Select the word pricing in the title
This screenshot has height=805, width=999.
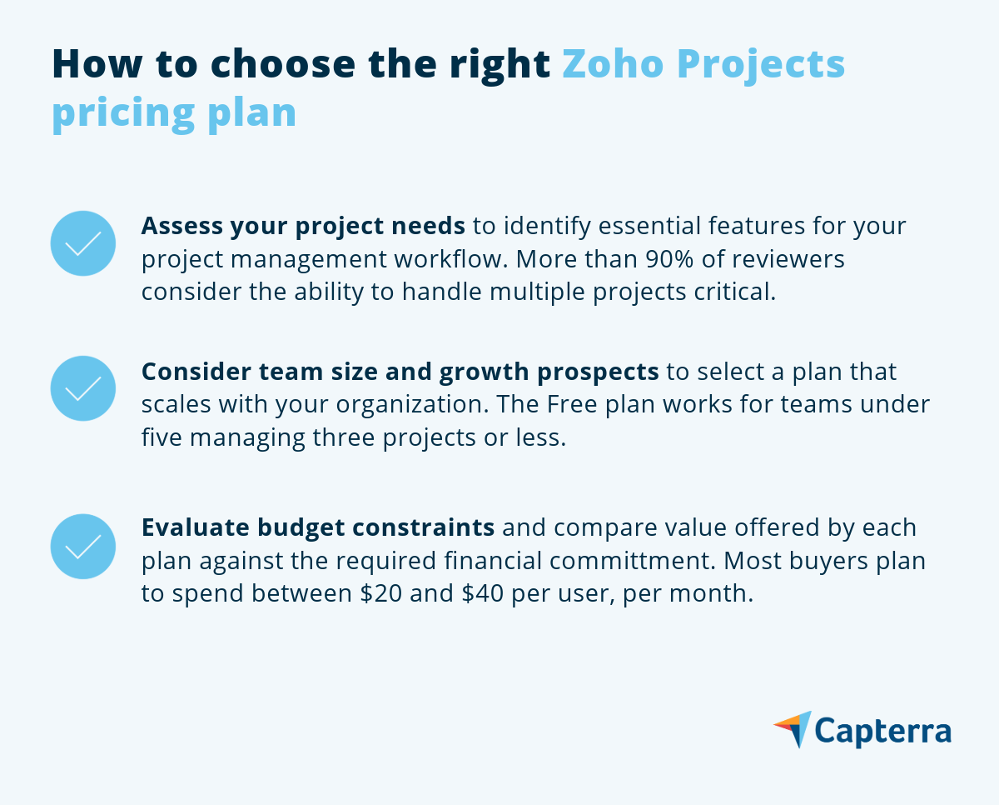(x=123, y=114)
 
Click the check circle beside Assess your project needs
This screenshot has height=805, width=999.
(x=83, y=243)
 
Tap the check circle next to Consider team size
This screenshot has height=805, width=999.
(x=83, y=388)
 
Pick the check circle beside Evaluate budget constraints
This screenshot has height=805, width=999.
(x=83, y=546)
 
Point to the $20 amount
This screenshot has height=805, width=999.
(x=381, y=593)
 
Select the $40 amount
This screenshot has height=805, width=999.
(x=483, y=593)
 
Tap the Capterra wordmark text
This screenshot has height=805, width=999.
(x=883, y=732)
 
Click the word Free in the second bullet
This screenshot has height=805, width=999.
(x=571, y=404)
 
